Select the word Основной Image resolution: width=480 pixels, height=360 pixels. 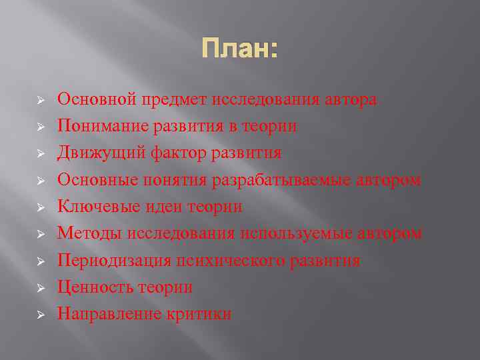(x=97, y=100)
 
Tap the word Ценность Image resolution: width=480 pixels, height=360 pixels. (x=95, y=287)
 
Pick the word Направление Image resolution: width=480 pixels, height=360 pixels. (x=109, y=314)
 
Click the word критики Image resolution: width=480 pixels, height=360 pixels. (x=199, y=314)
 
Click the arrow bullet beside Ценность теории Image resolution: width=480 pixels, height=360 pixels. (x=40, y=288)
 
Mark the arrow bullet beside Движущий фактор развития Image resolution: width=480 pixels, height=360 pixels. (x=40, y=153)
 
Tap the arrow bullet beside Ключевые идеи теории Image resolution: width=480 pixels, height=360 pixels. (x=40, y=207)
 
